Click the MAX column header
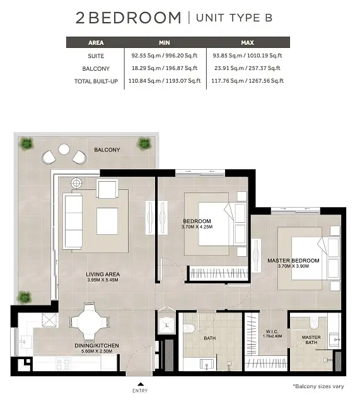tap(247, 42)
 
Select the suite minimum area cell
tap(165, 56)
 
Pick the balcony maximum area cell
tap(248, 68)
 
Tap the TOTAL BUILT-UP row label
tap(96, 81)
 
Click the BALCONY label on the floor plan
tap(107, 150)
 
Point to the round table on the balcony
tap(64, 150)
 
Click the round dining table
tap(89, 322)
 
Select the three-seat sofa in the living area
tap(74, 222)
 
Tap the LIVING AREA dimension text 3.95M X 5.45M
tap(103, 280)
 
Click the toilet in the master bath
tap(315, 323)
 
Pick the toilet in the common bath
tap(189, 328)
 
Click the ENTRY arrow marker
tap(141, 384)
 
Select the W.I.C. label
tap(272, 331)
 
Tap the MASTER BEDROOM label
tap(293, 261)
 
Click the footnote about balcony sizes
tap(318, 386)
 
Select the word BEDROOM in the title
tap(135, 18)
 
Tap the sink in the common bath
tap(207, 364)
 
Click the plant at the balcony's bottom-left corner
tap(25, 297)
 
